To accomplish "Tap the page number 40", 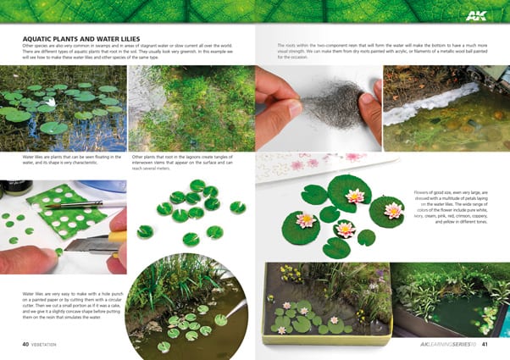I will click(x=26, y=345).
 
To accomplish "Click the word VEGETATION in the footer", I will click(x=51, y=345).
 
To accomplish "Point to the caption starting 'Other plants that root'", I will click(x=189, y=162).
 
